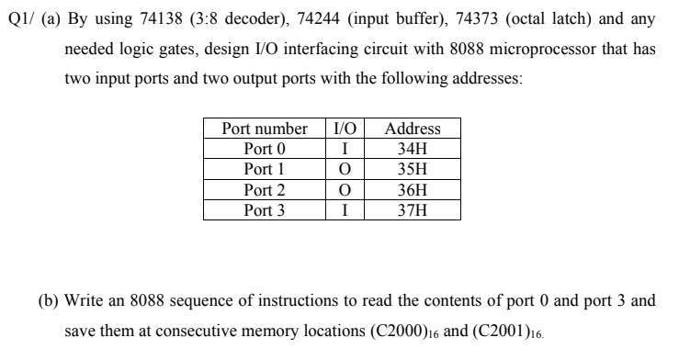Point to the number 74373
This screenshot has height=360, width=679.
coord(447,17)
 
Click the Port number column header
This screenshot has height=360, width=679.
coord(265,129)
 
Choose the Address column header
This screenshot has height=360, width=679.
coord(413,129)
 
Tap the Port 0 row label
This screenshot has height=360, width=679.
coord(265,149)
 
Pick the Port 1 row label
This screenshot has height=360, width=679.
coord(265,170)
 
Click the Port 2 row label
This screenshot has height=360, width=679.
coord(265,190)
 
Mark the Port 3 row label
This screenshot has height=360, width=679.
coord(265,210)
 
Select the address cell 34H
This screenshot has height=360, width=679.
coord(413,149)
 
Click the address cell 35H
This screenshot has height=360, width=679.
coord(413,170)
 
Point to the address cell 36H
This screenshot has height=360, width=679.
coord(413,190)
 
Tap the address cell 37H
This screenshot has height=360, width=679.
coord(413,210)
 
